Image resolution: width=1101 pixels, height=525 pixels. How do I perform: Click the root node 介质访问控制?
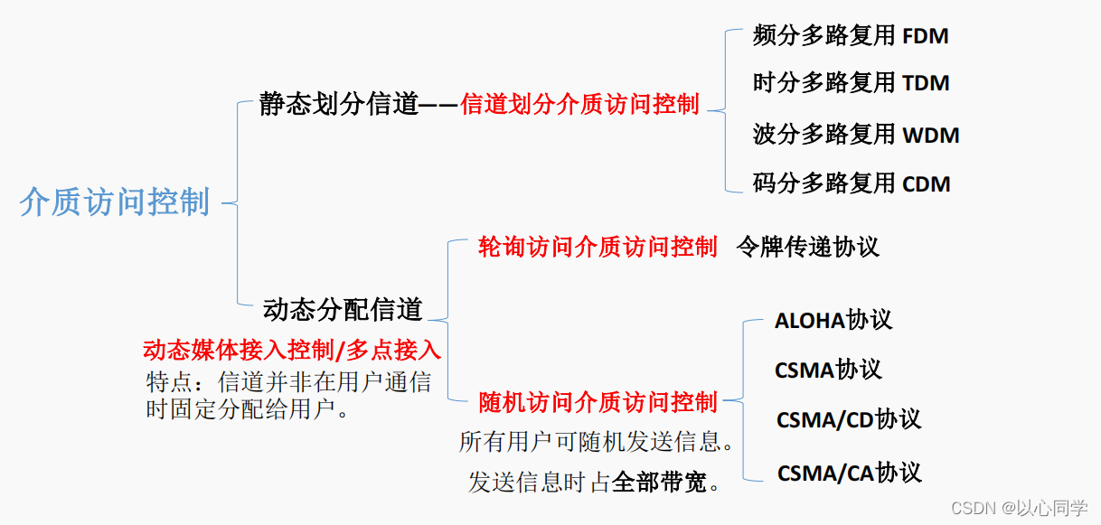click(x=115, y=202)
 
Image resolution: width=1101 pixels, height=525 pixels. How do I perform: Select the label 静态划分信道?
click(x=339, y=105)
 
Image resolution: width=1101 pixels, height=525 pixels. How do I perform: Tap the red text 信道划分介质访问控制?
click(x=579, y=105)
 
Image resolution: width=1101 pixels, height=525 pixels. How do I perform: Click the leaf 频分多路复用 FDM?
click(x=851, y=36)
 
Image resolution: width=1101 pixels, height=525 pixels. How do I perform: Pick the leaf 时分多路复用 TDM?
click(x=851, y=83)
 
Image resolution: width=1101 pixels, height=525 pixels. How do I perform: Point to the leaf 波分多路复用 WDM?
click(x=855, y=135)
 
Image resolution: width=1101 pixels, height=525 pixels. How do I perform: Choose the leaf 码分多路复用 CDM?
click(x=852, y=183)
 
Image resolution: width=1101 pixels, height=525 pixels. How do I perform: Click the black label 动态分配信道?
click(x=343, y=309)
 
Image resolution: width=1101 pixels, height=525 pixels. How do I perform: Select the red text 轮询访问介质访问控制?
click(x=597, y=247)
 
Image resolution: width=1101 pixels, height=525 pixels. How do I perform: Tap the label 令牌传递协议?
click(x=807, y=247)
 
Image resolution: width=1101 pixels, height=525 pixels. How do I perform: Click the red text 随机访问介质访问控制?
click(x=597, y=401)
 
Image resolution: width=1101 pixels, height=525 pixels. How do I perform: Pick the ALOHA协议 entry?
click(x=833, y=320)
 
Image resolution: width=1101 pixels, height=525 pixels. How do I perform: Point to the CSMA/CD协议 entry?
click(x=848, y=419)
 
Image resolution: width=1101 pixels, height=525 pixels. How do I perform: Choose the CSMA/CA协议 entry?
click(x=849, y=473)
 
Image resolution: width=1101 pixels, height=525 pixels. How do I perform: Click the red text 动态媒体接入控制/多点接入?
click(x=292, y=350)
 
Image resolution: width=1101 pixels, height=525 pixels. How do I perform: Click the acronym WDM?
click(x=931, y=136)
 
